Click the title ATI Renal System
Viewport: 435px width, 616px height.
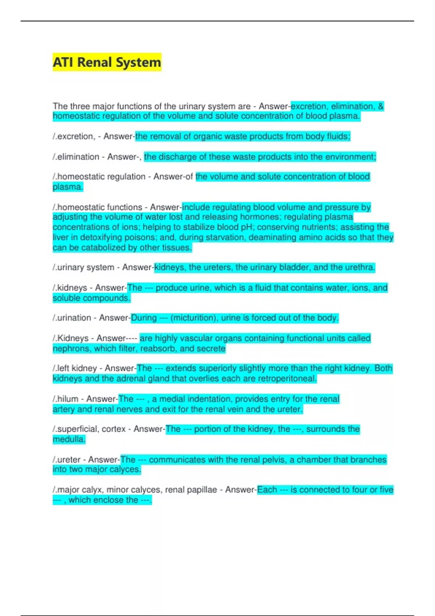tap(107, 62)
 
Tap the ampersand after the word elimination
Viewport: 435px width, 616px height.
tap(380, 106)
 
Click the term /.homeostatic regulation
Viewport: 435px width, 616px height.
tap(99, 176)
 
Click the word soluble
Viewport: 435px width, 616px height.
tap(66, 298)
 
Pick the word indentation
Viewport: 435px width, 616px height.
tap(210, 399)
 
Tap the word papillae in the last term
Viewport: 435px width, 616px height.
tap(203, 490)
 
